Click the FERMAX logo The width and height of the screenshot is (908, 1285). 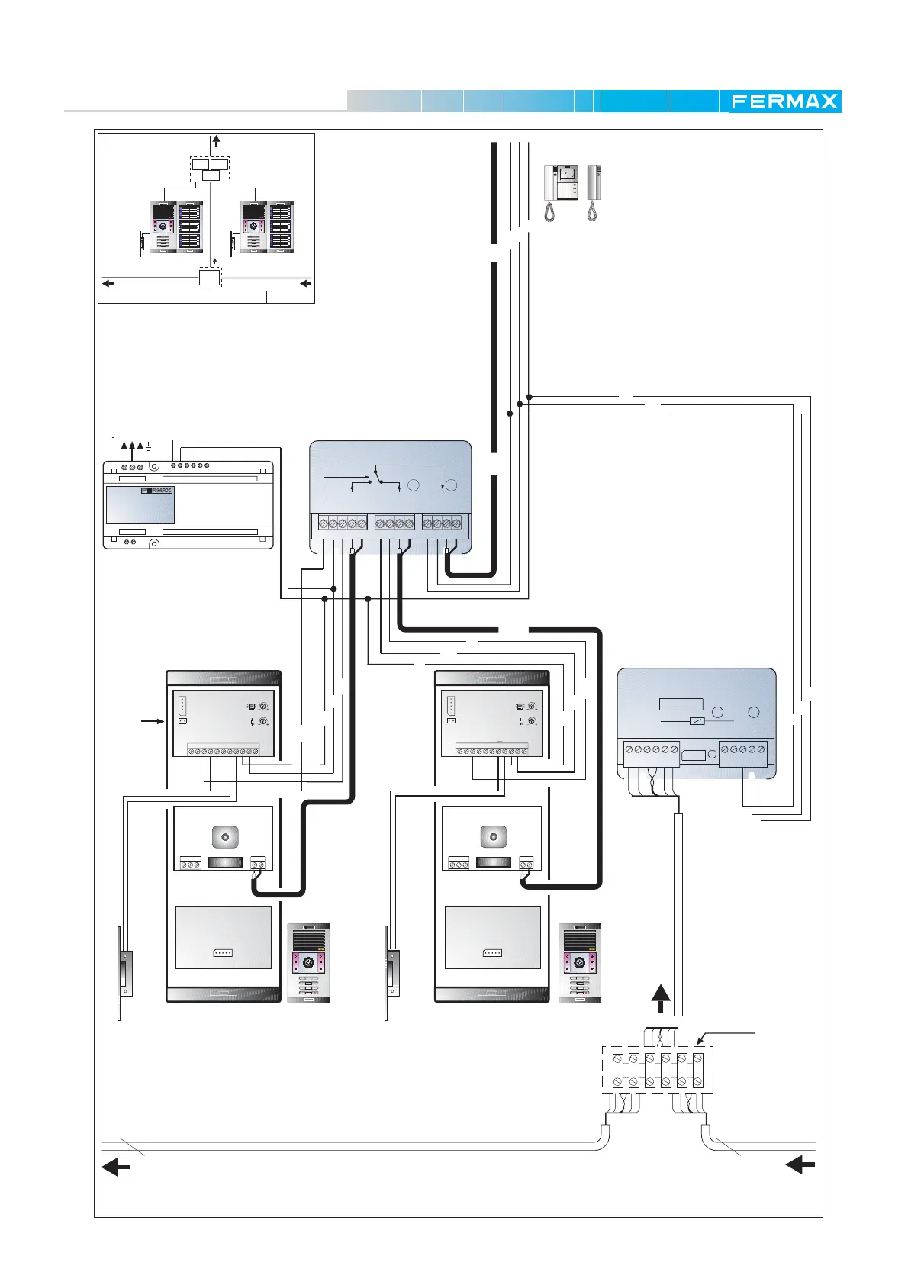[x=784, y=101]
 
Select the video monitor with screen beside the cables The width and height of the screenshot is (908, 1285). [x=560, y=193]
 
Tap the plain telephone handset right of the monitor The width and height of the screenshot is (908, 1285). [x=593, y=193]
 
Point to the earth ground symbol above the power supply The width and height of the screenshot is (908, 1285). [x=148, y=446]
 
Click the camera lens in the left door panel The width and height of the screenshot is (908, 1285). [x=225, y=837]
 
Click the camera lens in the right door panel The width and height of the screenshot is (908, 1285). [x=493, y=837]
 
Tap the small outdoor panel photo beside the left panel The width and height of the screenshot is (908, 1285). [x=308, y=962]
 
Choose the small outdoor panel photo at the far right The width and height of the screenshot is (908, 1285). [x=579, y=962]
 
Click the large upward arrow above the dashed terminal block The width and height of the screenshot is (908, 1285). [x=661, y=999]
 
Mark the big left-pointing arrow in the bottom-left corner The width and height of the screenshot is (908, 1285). [x=116, y=1167]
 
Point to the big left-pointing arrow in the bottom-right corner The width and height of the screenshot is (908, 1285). [x=800, y=1164]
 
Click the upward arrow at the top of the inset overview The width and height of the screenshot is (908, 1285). [x=216, y=140]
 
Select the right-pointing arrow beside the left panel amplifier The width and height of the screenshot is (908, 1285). [x=153, y=721]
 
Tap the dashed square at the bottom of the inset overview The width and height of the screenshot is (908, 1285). [x=209, y=279]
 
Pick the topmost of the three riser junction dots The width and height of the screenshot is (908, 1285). [x=529, y=397]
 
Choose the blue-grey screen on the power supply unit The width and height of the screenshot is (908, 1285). [x=140, y=505]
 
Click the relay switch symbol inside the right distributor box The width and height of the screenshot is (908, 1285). [x=697, y=721]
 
